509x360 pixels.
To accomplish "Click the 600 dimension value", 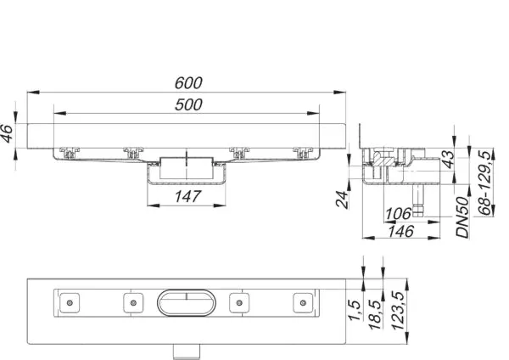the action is coord(188,83).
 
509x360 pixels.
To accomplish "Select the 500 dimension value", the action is coord(188,104).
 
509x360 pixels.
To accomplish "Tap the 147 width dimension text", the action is coord(188,197).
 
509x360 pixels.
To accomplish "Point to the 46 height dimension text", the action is coord(7,133).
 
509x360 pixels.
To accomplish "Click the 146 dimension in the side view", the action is coord(401,231).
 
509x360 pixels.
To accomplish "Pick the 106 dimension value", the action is coord(398,214).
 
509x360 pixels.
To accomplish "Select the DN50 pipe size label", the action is coord(463,217).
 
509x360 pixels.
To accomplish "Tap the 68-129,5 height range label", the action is coord(484,183).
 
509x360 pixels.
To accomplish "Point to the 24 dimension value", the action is coord(342,199).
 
